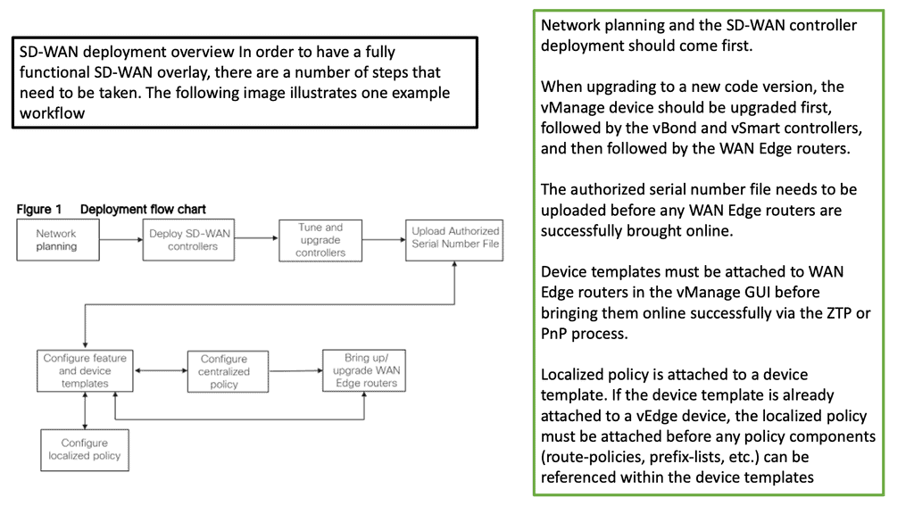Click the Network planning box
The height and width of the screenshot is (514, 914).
click(58, 240)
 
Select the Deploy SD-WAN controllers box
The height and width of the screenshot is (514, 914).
click(189, 240)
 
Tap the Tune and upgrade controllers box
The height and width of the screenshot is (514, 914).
click(320, 240)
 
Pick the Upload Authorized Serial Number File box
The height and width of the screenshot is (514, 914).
click(454, 240)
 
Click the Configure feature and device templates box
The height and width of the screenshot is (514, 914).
click(85, 370)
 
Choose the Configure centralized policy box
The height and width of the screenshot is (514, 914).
click(228, 371)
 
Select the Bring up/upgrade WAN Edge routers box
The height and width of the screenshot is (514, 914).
click(364, 370)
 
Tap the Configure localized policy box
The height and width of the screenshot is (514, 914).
click(85, 451)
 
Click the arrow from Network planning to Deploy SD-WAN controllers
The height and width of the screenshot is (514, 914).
click(121, 239)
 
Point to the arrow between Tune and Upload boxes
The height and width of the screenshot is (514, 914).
click(384, 239)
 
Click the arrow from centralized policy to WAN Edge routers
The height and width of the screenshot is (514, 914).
click(295, 370)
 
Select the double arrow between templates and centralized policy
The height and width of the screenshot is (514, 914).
click(161, 370)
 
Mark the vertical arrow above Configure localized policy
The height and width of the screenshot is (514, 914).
click(85, 410)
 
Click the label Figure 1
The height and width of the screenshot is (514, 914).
click(39, 209)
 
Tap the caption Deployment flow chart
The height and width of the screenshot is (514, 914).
click(143, 209)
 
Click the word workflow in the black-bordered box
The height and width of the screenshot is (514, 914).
click(53, 113)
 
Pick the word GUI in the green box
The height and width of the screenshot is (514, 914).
click(756, 292)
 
